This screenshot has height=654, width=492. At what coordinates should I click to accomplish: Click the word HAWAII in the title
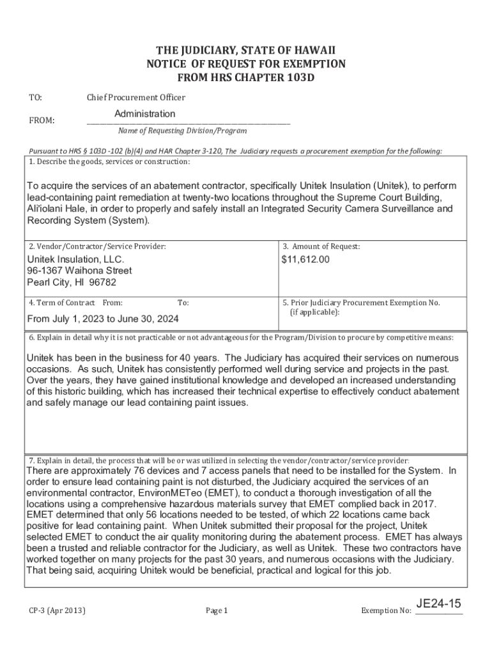313,50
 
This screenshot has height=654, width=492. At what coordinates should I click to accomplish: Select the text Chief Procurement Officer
136,97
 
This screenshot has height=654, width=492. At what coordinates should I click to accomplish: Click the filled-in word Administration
144,114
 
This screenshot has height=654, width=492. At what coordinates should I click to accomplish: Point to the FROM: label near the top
42,120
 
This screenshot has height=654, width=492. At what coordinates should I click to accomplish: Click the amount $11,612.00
305,259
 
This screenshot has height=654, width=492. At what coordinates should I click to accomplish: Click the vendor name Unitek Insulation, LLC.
75,259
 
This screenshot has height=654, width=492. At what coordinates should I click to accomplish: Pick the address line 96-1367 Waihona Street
79,271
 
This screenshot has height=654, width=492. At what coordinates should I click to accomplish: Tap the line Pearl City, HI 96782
72,282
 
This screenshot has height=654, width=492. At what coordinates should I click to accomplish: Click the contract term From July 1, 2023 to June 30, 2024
103,319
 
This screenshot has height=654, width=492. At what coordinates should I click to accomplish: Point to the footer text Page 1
217,611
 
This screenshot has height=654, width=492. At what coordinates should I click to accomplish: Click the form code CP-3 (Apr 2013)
57,611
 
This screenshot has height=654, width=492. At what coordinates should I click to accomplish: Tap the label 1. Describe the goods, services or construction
109,161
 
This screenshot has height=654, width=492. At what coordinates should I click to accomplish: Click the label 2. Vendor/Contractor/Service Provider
97,246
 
